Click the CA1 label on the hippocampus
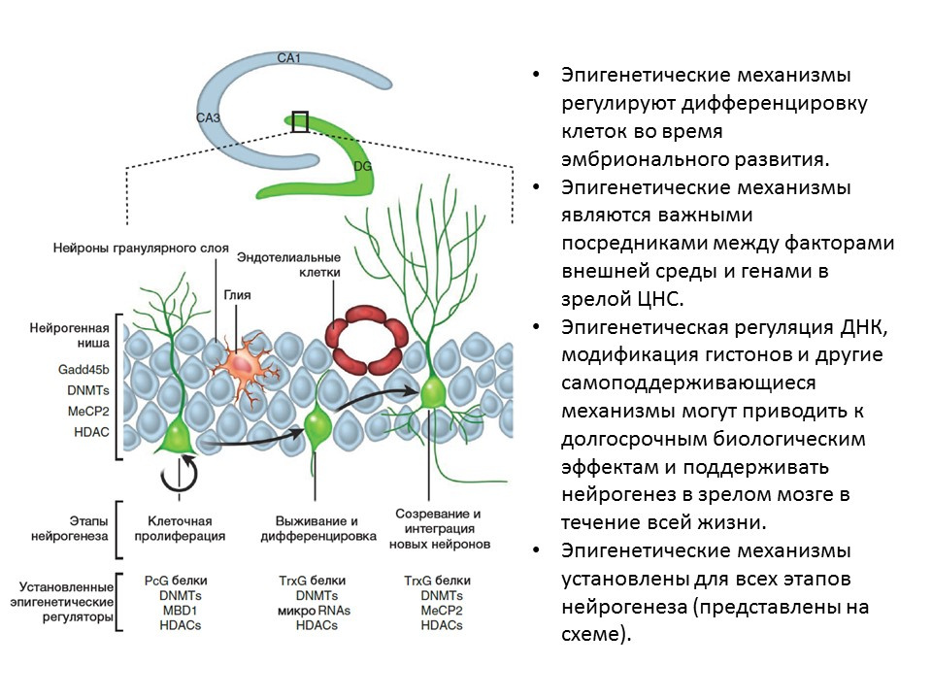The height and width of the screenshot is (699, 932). (289, 58)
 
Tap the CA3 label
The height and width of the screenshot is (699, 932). (209, 118)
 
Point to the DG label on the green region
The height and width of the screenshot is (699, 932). (362, 167)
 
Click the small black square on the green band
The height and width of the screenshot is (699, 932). (300, 121)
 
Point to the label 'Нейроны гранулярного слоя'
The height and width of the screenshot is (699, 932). (141, 250)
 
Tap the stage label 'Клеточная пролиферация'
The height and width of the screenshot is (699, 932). (185, 527)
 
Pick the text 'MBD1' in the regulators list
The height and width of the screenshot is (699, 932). (180, 611)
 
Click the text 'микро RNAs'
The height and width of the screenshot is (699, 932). (312, 611)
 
